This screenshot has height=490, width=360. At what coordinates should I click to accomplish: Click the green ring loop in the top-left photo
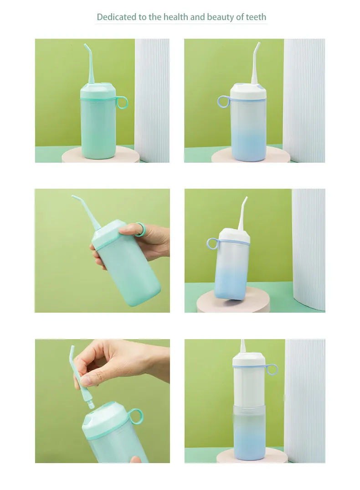point(122,103)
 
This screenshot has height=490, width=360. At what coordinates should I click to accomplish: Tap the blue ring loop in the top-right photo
point(224,102)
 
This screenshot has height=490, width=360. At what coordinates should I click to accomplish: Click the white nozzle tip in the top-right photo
point(258,44)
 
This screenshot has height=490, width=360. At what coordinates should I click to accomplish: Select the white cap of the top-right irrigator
point(248,91)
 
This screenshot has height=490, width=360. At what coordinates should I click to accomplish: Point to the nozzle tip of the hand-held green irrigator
point(73,196)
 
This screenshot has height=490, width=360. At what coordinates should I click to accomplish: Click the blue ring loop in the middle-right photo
point(212,243)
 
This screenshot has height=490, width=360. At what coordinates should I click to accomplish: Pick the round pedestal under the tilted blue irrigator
point(233,303)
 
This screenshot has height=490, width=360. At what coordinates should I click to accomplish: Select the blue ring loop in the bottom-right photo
point(272,369)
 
